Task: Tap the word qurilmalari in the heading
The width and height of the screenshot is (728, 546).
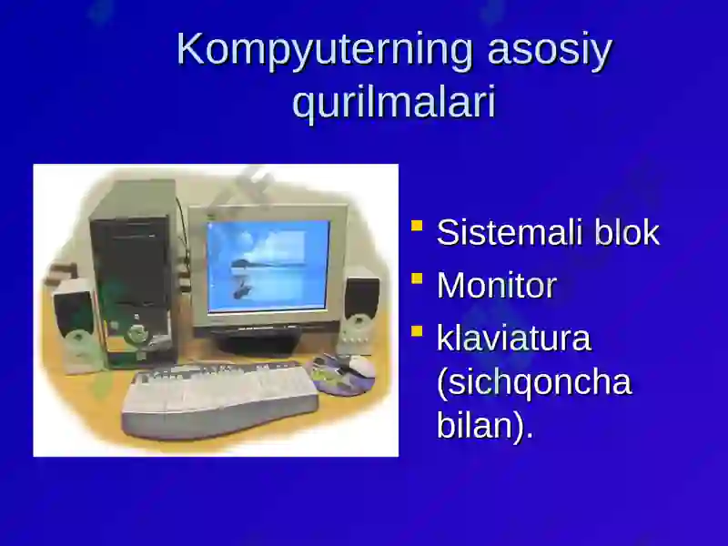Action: (x=394, y=104)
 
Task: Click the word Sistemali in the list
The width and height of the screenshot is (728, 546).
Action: (x=511, y=233)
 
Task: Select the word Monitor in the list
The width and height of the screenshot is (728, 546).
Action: (x=496, y=286)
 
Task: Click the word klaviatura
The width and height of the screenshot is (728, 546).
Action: (x=513, y=339)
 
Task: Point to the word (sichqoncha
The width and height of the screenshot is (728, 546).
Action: (x=533, y=382)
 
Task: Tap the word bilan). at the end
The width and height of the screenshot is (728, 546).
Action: (x=484, y=426)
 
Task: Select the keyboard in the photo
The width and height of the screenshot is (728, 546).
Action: (x=218, y=396)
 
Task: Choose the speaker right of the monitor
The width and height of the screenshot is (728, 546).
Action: (x=361, y=305)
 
